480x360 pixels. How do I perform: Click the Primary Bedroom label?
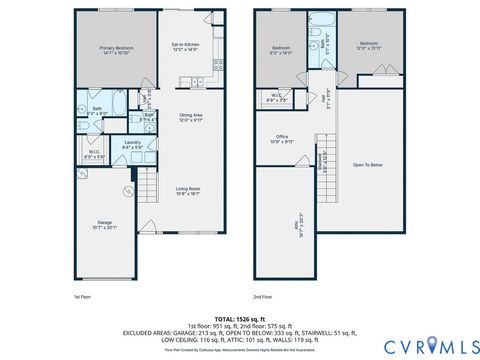(118, 49)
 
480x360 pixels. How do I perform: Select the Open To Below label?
(369, 164)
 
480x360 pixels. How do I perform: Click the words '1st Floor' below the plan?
(83, 297)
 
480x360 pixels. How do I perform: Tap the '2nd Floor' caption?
(263, 297)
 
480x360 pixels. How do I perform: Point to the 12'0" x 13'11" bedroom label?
(369, 45)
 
